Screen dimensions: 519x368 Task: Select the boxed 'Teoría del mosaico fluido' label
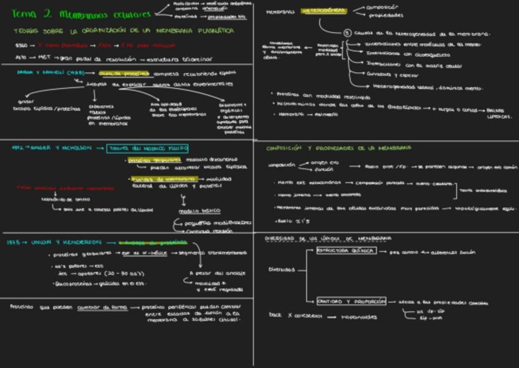[147, 148]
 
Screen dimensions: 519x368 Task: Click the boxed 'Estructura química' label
[345, 251]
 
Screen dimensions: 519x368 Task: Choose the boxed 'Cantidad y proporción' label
[351, 301]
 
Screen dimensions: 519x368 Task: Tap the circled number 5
[347, 33]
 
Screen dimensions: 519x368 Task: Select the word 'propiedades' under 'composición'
[386, 15]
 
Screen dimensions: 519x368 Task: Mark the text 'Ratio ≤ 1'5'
[289, 220]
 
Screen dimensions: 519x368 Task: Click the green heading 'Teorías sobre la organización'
[122, 30]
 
